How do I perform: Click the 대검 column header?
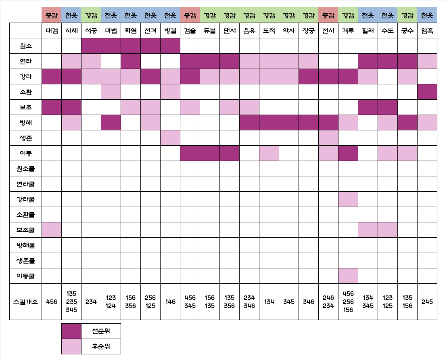52,30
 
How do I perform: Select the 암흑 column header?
427,30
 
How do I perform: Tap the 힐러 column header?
368,30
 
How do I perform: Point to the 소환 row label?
25,92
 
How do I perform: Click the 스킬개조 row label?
25,301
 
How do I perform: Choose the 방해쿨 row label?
25,245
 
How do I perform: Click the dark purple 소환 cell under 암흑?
427,92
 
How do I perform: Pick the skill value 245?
427,301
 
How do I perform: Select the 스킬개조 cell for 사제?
71,301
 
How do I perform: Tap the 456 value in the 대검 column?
52,301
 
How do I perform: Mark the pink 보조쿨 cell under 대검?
52,230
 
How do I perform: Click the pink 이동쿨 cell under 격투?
348,276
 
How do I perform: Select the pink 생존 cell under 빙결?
170,138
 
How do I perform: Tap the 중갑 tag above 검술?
190,15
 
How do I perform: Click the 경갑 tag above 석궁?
91,15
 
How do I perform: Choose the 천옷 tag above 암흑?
427,15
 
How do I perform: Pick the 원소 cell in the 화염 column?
131,46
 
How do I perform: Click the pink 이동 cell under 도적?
269,153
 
